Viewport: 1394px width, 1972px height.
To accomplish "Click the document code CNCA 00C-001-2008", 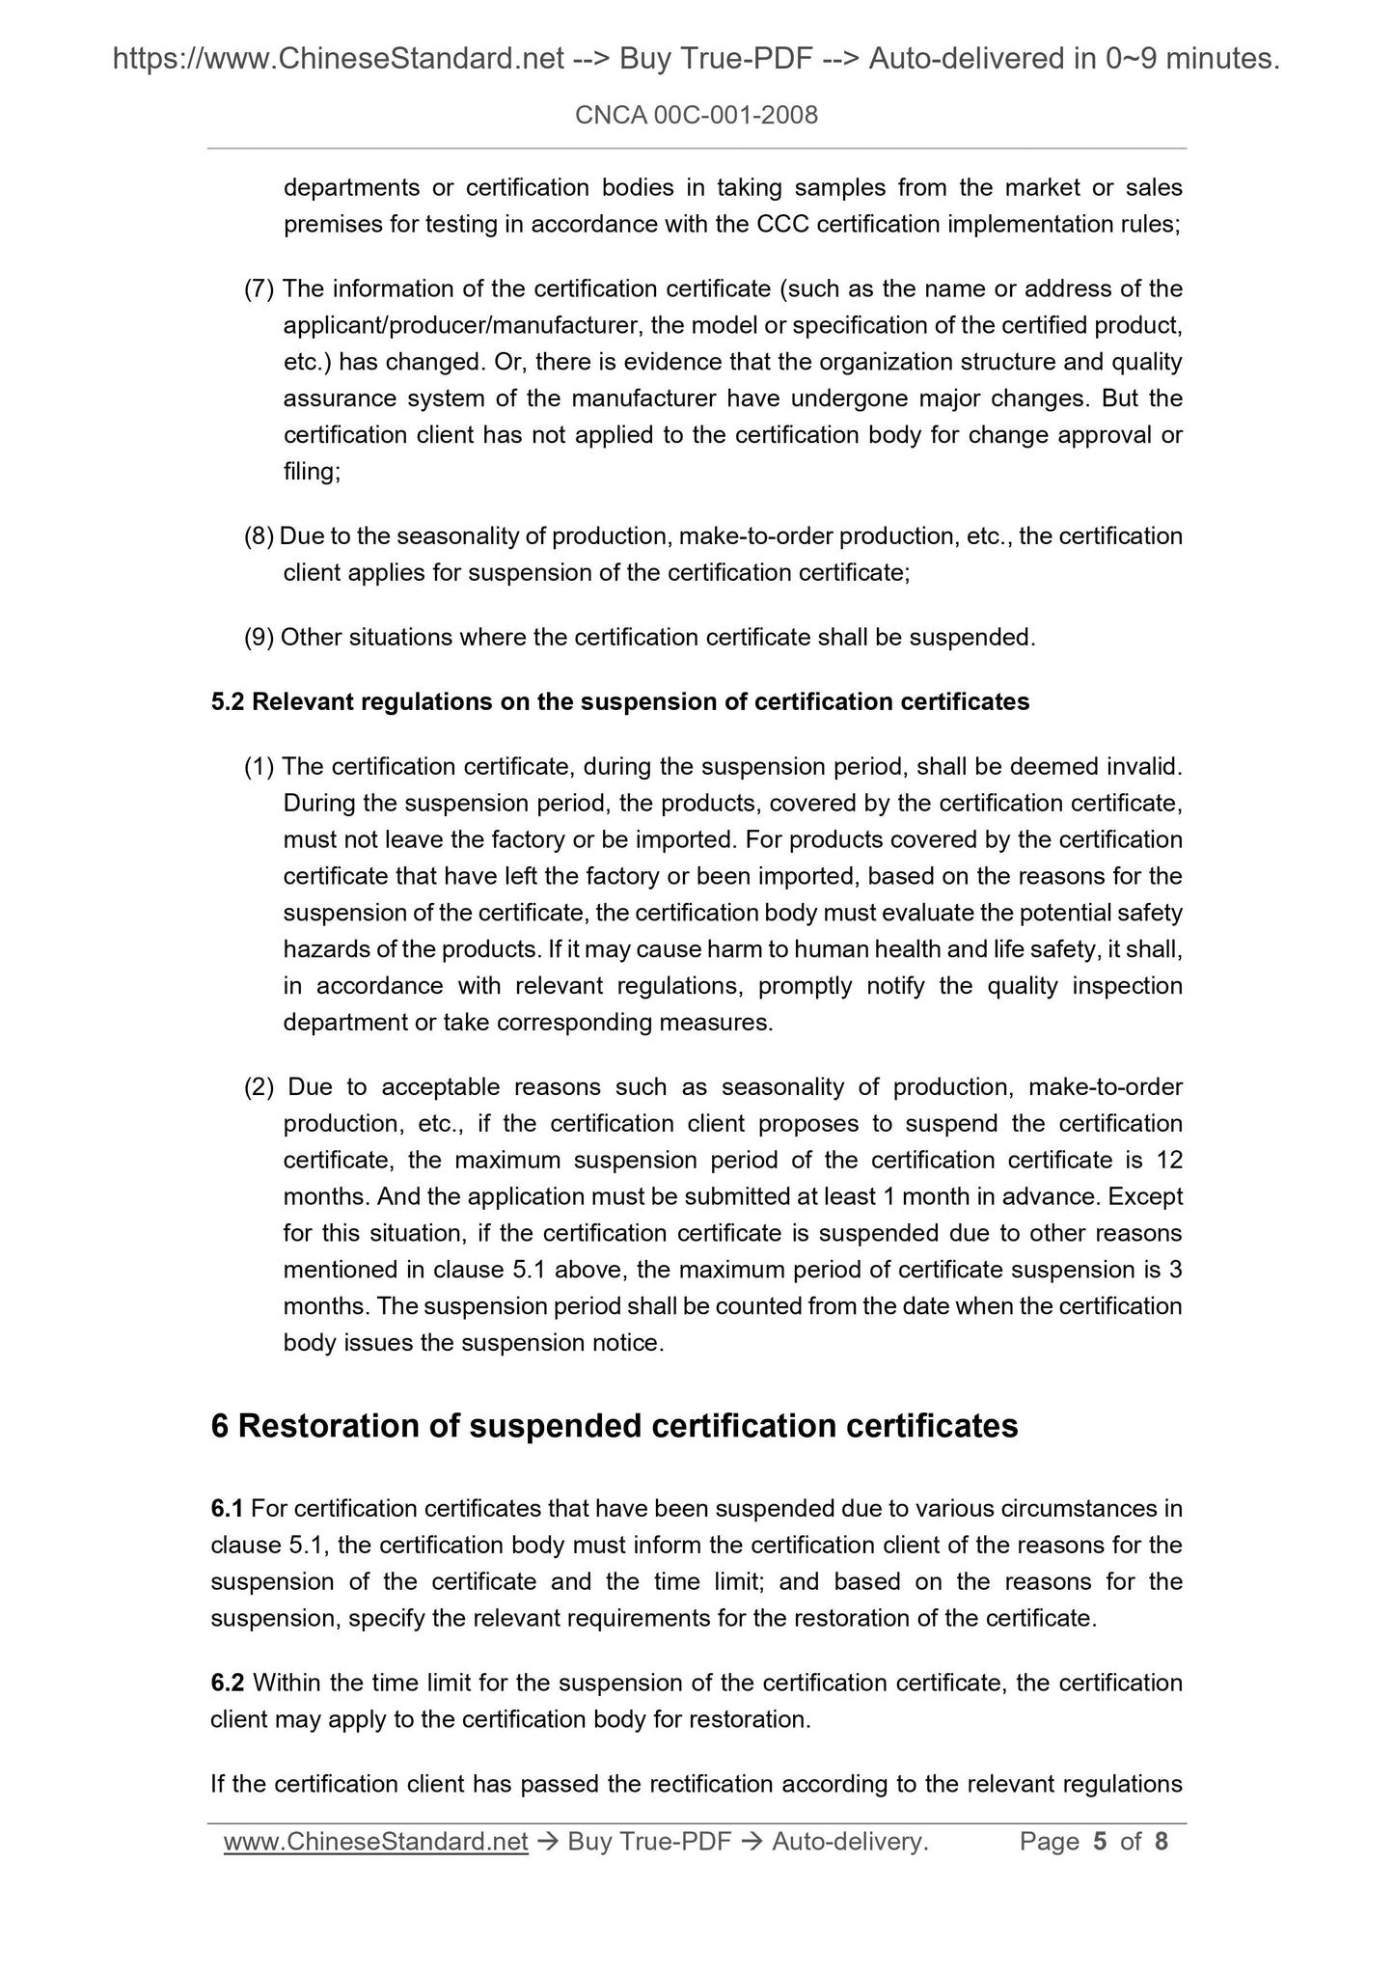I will tap(696, 116).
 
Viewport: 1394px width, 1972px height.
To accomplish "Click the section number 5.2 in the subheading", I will tap(228, 702).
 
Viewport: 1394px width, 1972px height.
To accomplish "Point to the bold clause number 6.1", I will tap(227, 1508).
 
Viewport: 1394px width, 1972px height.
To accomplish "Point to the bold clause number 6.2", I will tap(227, 1684).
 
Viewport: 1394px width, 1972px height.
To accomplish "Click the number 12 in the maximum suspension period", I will tap(1168, 1161).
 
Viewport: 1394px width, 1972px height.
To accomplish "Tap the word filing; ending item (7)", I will tap(312, 472).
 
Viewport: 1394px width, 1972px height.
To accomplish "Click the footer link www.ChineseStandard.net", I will tap(375, 1842).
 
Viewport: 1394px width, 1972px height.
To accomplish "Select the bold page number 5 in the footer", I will tap(1100, 1842).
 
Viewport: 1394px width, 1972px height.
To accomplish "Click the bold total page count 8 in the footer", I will tap(1162, 1842).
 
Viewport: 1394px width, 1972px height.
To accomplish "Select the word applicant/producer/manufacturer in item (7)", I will tap(463, 325).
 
